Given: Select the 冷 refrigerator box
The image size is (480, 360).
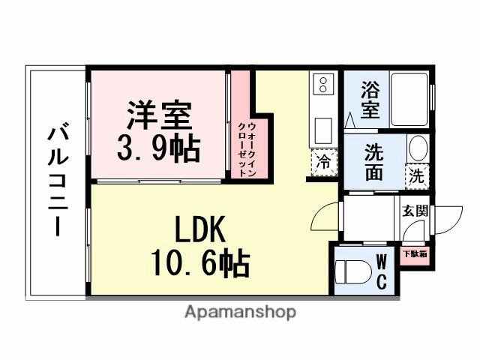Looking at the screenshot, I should point(324,160).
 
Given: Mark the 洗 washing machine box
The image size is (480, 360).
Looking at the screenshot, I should point(416,177).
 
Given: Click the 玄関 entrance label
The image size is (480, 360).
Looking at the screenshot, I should point(415,211).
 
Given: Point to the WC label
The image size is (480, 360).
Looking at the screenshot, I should point(380,271).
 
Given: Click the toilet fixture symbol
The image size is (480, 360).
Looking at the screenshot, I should point(352,271).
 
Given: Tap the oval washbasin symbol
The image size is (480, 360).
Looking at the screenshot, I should point(417,148).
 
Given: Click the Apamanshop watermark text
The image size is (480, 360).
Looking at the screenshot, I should point(240,312).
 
